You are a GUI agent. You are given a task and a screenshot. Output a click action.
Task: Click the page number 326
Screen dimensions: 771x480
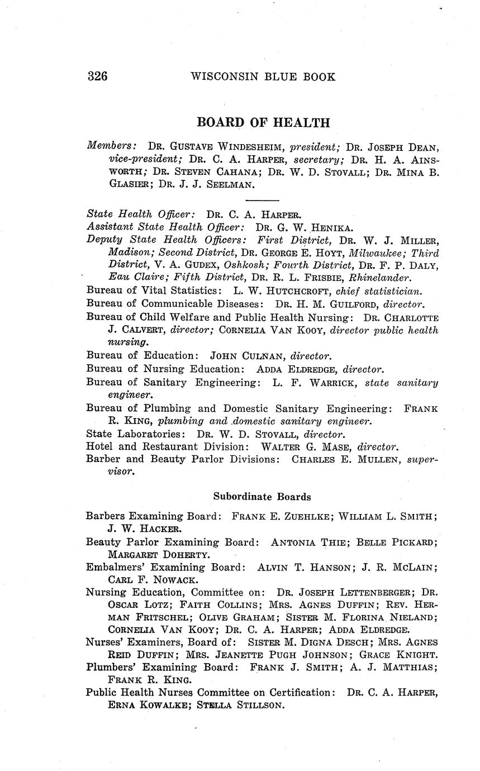point(97,77)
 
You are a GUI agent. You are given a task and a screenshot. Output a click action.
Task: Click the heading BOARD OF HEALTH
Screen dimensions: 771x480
point(263,122)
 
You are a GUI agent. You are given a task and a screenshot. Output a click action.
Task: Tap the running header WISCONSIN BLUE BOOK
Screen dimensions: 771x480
point(263,77)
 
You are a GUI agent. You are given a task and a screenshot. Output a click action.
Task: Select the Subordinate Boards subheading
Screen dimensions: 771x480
point(262,496)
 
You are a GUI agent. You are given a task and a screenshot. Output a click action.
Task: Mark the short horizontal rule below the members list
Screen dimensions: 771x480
point(262,200)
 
